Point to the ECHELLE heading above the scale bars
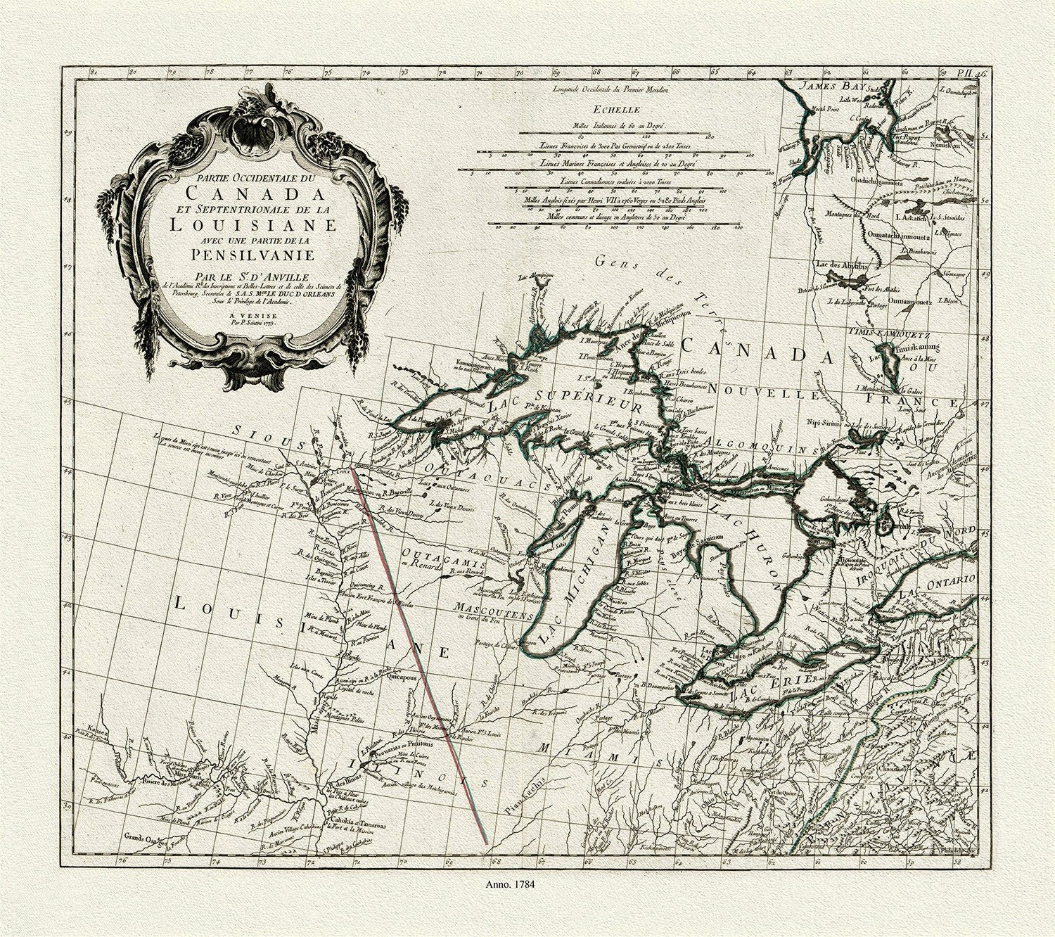tap(615, 110)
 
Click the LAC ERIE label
tap(774, 689)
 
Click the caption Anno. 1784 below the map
tap(511, 885)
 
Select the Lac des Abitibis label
tap(841, 266)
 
